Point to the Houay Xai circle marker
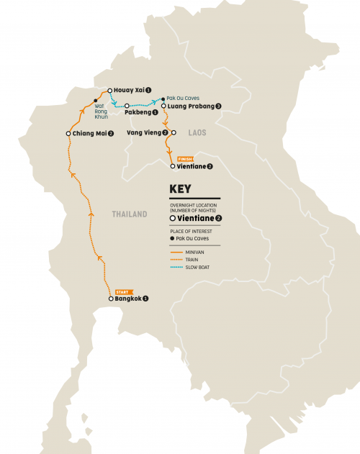pos(110,91)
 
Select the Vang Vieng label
pos(147,132)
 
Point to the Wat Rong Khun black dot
pos(96,100)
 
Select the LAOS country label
pos(197,133)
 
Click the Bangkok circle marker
pos(110,299)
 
